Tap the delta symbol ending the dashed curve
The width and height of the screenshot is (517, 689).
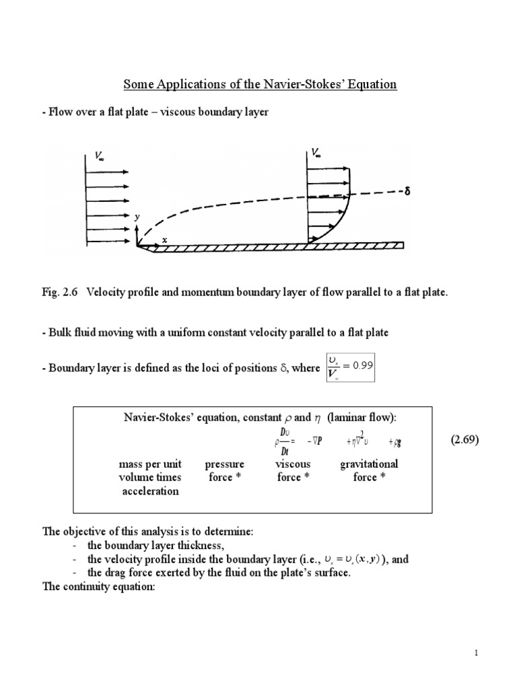pos(407,192)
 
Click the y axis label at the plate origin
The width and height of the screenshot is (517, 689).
pos(137,217)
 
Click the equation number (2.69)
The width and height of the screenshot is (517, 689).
pos(467,440)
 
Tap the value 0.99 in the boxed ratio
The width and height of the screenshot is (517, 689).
pos(360,363)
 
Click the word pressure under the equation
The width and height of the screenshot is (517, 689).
pos(224,464)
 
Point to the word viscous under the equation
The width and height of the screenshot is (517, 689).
pos(293,464)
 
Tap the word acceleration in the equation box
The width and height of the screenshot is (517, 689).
pos(150,491)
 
